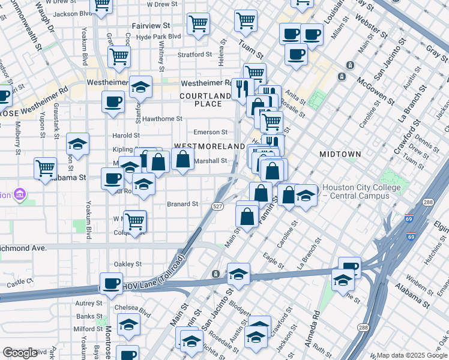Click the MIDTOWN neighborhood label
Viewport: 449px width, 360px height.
[340, 154]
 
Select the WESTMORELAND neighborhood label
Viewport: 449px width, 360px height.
[200, 146]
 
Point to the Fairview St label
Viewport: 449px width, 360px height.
[158, 26]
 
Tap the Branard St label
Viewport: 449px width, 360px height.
[182, 204]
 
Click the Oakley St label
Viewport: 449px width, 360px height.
[127, 263]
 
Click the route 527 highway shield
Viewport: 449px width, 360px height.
[218, 206]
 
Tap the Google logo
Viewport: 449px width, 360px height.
[20, 353]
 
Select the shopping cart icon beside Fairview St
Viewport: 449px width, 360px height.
[198, 24]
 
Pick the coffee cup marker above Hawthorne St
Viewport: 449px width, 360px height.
[113, 101]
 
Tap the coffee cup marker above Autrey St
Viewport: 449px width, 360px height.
[110, 283]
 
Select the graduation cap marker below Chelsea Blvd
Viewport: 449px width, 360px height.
[128, 325]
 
